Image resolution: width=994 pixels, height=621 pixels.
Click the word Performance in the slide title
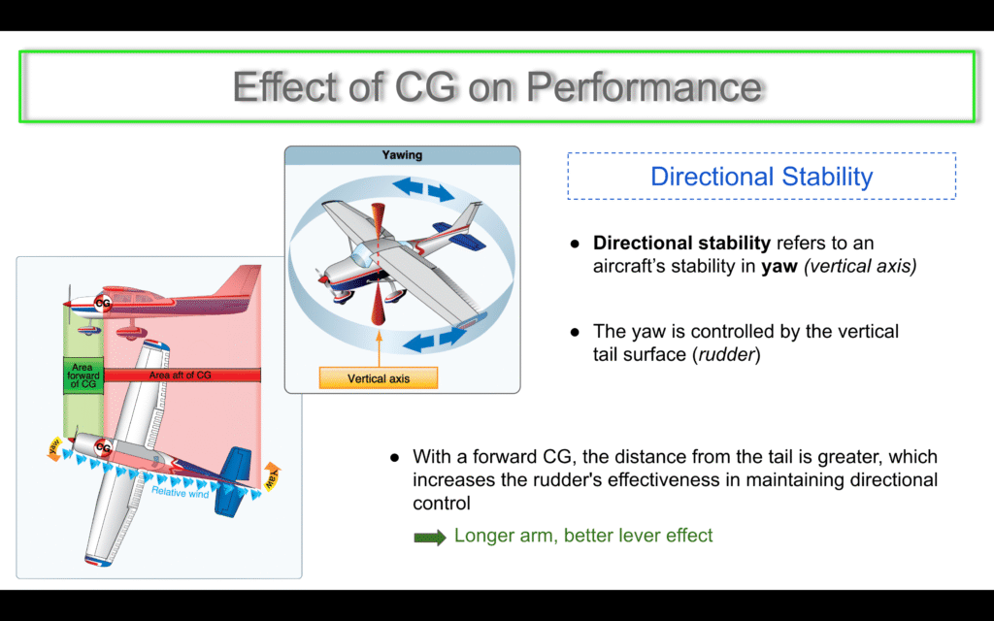645,87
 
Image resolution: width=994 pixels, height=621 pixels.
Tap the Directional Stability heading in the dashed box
761,177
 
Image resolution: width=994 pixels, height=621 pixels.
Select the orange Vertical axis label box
379,378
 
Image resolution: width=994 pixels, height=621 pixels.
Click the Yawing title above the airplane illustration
402,154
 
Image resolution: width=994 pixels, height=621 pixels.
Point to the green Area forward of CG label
83,376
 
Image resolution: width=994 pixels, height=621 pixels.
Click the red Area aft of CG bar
182,376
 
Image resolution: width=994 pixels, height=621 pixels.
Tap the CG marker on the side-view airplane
103,303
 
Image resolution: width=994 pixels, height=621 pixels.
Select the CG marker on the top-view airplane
103,448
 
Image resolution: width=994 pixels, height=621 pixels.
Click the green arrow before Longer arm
430,538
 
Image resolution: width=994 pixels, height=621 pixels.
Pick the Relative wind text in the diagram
180,492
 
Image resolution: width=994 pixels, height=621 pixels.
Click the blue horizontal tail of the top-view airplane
231,480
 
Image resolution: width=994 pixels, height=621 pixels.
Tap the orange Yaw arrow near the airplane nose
55,447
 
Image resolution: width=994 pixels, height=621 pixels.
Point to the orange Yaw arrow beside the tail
272,477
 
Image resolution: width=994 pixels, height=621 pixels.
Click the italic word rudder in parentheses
726,354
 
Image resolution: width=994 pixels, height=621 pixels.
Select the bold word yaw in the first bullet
779,266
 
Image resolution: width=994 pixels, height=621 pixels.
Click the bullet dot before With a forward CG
394,458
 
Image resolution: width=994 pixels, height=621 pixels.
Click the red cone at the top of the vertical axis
379,218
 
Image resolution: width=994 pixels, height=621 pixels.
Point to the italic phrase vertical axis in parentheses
860,266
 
